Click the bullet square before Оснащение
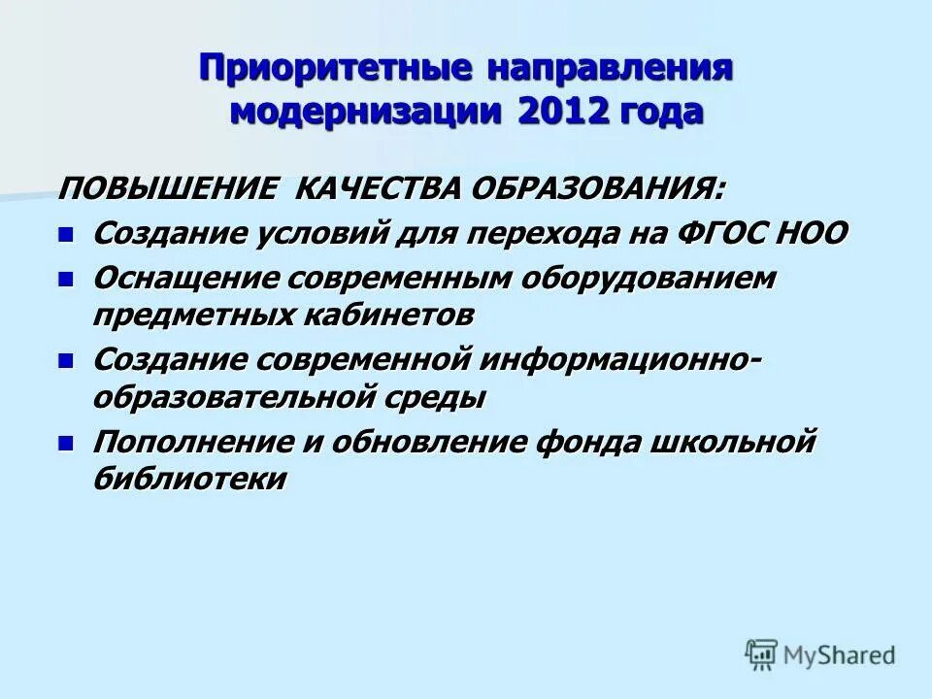tap(65, 279)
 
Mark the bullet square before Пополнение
tap(65, 443)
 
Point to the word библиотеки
tap(190, 480)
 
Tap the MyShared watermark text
tap(841, 655)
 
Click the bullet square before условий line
tap(65, 234)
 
